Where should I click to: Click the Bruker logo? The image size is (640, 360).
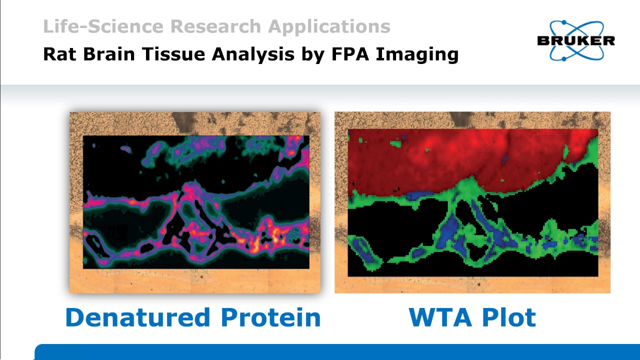576,40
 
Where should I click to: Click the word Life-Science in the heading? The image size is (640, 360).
103,26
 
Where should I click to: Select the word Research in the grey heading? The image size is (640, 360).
215,26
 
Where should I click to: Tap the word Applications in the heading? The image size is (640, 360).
329,27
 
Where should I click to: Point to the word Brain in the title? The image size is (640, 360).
109,54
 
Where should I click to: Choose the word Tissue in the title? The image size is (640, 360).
173,54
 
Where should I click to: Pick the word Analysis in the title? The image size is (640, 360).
253,55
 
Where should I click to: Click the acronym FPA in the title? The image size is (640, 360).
350,54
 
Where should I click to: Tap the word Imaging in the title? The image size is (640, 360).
417,55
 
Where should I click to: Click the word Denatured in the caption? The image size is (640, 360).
138,317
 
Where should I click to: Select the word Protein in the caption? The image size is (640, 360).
271,317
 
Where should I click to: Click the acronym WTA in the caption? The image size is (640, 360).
440,317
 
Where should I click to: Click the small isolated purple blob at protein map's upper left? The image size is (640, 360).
126,149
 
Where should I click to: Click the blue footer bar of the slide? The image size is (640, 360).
337,352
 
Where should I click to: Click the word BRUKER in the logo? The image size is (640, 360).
576,41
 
